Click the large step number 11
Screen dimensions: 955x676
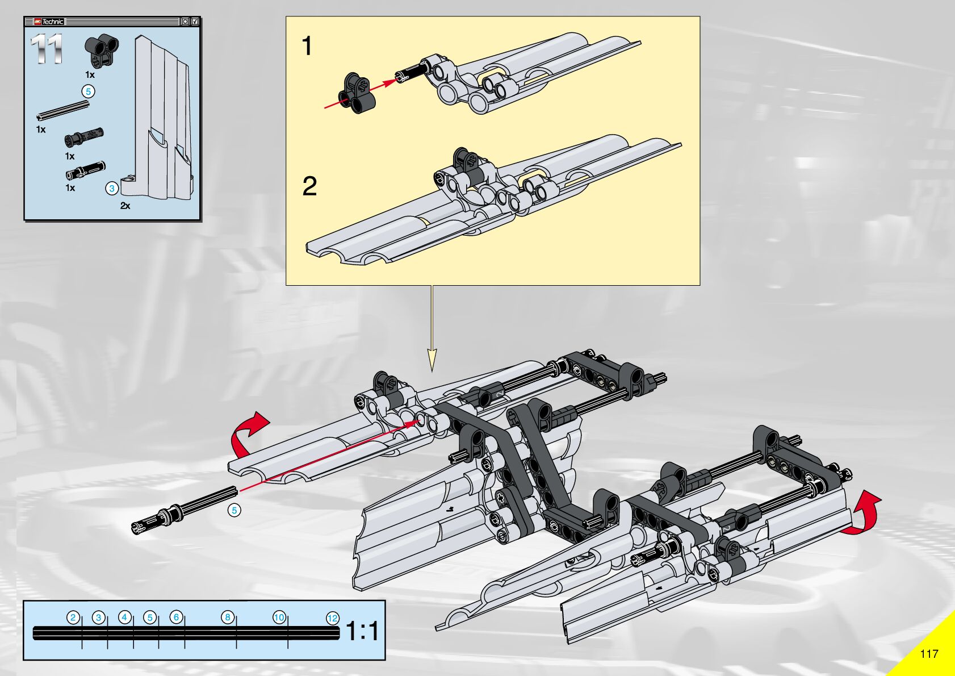click(47, 49)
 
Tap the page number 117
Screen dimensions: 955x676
click(929, 653)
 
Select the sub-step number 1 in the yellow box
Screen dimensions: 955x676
click(307, 46)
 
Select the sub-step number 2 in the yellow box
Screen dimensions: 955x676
click(309, 186)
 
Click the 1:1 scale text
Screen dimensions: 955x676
click(362, 631)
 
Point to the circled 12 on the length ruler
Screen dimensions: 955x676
click(333, 618)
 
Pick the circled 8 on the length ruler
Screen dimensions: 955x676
click(228, 617)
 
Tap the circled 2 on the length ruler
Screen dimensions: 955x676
click(73, 617)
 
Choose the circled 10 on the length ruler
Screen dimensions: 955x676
click(279, 617)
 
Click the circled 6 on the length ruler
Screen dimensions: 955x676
click(176, 617)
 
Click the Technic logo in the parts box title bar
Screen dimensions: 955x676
click(49, 22)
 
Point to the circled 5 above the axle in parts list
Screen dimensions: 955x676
click(88, 91)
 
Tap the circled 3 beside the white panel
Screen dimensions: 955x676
click(112, 189)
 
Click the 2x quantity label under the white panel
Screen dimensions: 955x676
click(125, 206)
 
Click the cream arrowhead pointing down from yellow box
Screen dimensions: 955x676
click(432, 360)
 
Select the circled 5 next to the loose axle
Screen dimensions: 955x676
click(234, 510)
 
